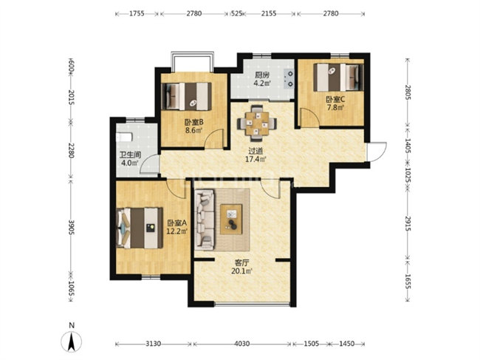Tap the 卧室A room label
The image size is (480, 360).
click(x=177, y=223)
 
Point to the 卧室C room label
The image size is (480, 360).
click(x=335, y=99)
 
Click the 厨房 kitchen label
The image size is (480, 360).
click(x=262, y=75)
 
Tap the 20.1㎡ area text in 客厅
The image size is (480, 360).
click(x=241, y=271)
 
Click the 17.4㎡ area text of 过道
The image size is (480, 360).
click(x=256, y=159)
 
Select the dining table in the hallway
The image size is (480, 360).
click(x=257, y=123)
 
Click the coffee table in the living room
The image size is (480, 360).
click(x=231, y=219)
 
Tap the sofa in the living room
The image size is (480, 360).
click(x=205, y=219)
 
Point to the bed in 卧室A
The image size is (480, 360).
click(x=140, y=228)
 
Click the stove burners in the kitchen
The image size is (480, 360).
click(x=289, y=78)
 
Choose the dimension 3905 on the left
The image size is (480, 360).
click(x=71, y=228)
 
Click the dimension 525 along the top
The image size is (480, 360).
click(x=236, y=13)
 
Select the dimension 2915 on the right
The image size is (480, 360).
click(x=408, y=224)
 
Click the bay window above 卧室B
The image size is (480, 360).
click(x=192, y=62)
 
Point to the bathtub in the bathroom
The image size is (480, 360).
click(x=124, y=137)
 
